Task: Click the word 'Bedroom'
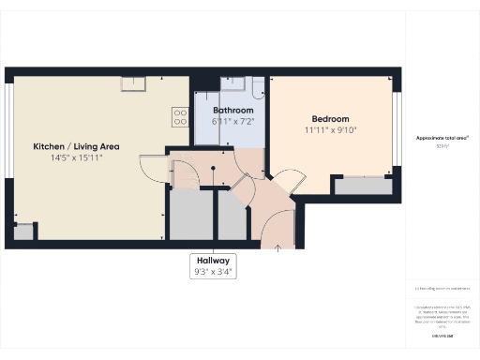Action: click(x=330, y=119)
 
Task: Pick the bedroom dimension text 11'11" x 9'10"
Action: click(x=330, y=130)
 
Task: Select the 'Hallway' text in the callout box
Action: click(x=212, y=260)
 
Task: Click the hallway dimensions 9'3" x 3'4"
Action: click(x=212, y=272)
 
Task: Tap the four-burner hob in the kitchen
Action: click(x=180, y=116)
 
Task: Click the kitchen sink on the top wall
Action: click(x=133, y=84)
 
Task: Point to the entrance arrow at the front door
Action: click(x=277, y=247)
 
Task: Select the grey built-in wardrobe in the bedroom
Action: click(x=363, y=186)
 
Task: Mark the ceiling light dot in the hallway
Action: click(x=214, y=169)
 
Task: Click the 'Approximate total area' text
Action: click(x=442, y=138)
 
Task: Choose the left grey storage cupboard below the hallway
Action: click(x=191, y=215)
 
